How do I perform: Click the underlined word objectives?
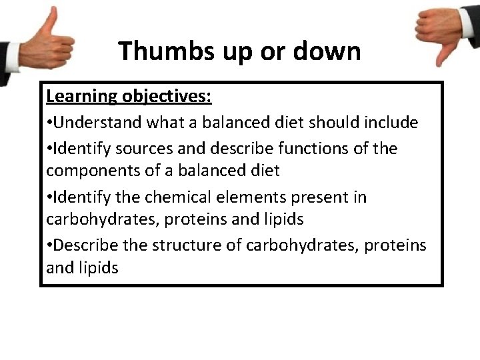tap(166, 97)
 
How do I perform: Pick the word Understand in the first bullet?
tap(98, 123)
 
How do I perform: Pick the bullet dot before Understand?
tap(49, 123)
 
